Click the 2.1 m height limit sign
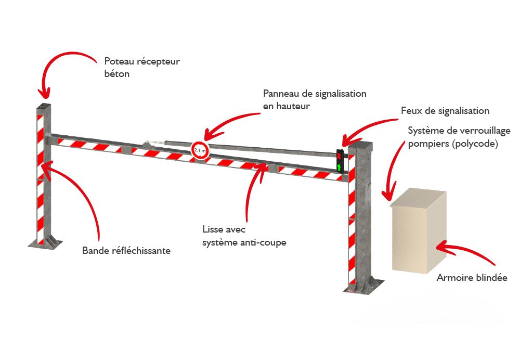[x=200, y=151]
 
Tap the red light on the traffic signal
[x=340, y=155]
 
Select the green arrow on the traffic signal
[x=340, y=167]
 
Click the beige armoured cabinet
[x=419, y=232]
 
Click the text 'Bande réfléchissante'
[x=126, y=251]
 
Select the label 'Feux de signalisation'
[x=445, y=111]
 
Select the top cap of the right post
[x=360, y=145]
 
